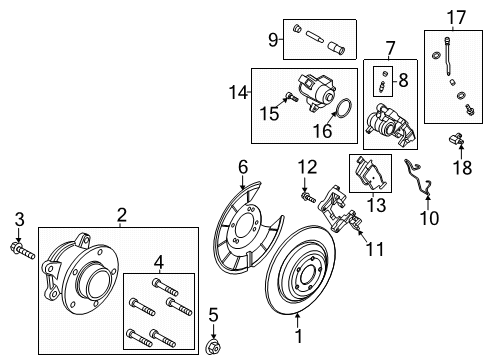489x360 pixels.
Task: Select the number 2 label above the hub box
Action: pyautogui.click(x=121, y=213)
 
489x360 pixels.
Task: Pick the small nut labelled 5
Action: pyautogui.click(x=213, y=346)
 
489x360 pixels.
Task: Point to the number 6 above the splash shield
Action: pyautogui.click(x=241, y=166)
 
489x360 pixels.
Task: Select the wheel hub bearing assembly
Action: pyautogui.click(x=87, y=275)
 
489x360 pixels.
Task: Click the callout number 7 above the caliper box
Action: pyautogui.click(x=389, y=46)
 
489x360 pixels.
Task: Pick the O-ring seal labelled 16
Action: pyautogui.click(x=339, y=107)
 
